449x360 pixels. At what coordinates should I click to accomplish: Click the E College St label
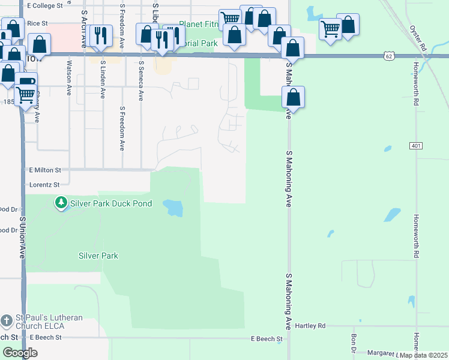[x=45, y=5]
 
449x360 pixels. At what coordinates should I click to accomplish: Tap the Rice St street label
[x=37, y=23]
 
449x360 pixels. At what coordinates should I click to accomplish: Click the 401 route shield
[x=416, y=146]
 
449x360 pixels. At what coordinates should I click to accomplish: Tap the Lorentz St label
[x=44, y=185]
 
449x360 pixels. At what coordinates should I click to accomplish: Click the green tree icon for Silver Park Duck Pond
[x=61, y=203]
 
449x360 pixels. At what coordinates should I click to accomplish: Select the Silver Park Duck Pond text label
[x=111, y=203]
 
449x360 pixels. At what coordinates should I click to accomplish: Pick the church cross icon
[x=7, y=322]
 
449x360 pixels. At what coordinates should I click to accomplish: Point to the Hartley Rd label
[x=310, y=326]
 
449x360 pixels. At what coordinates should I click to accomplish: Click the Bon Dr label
[x=354, y=343]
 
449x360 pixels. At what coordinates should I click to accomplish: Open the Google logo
[x=20, y=353]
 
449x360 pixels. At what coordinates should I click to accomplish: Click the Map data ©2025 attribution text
[x=424, y=355]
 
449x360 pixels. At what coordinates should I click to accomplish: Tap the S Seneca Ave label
[x=141, y=80]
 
